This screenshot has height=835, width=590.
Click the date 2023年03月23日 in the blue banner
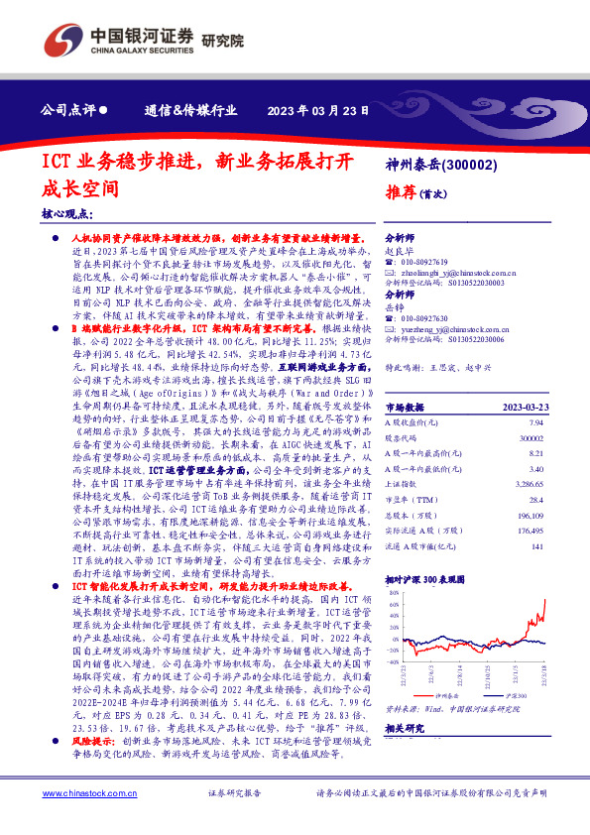tap(323, 110)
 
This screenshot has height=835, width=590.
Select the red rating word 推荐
tap(401, 190)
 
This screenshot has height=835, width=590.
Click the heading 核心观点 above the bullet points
tap(66, 214)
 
